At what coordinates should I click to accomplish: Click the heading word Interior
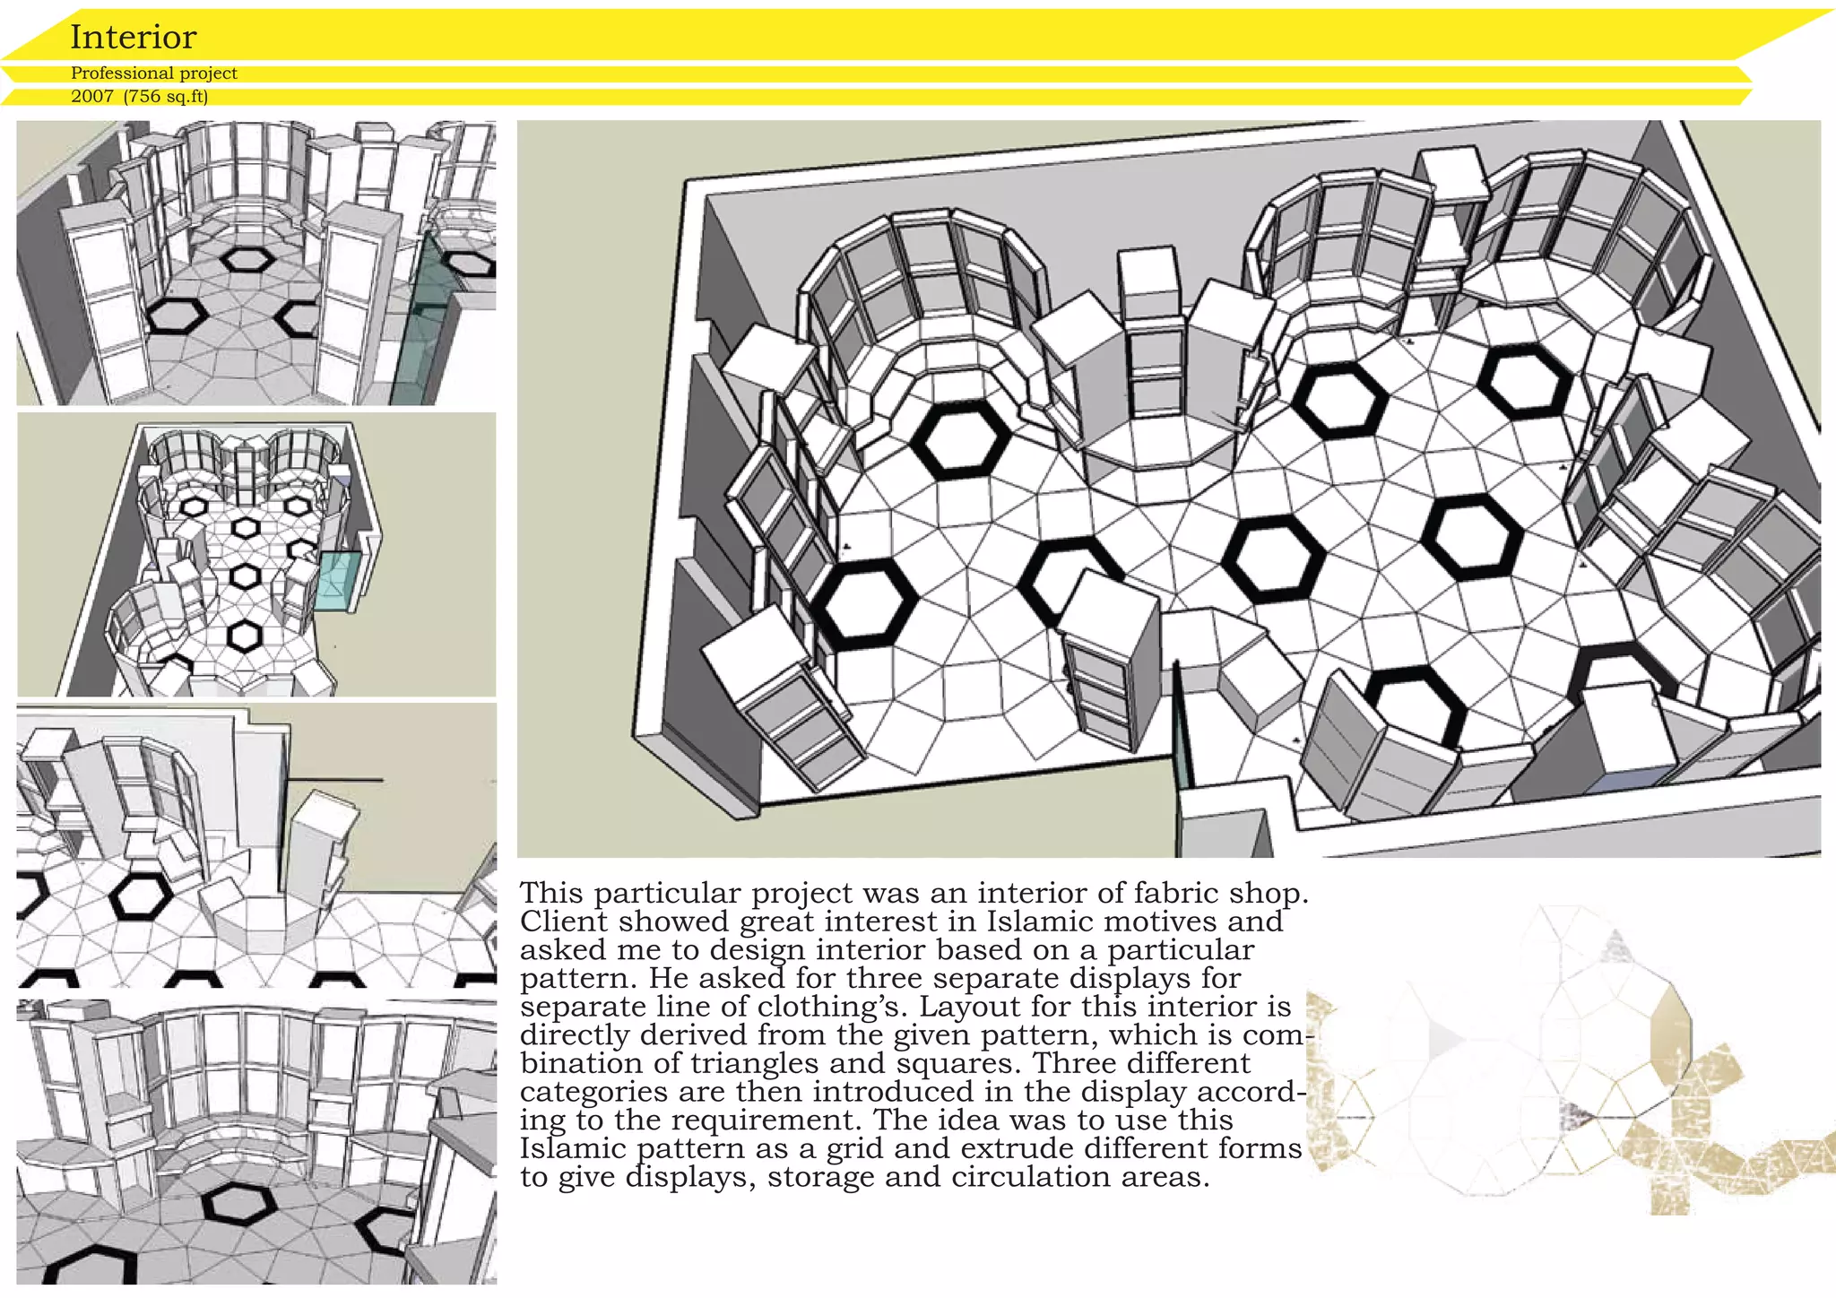point(133,37)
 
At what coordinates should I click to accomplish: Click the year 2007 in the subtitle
point(92,97)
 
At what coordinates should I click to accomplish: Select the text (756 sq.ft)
point(167,97)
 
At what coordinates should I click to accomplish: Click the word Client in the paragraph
point(564,921)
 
